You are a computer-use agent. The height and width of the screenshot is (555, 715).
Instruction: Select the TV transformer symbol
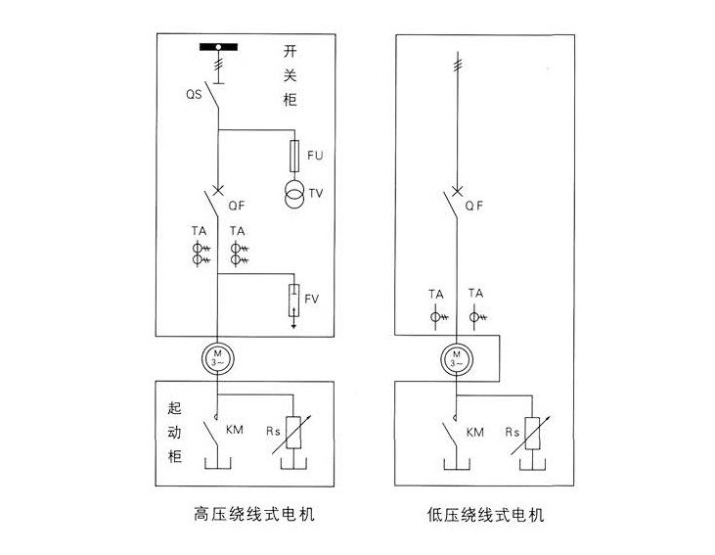click(293, 193)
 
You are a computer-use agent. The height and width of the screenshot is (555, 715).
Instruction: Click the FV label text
click(313, 298)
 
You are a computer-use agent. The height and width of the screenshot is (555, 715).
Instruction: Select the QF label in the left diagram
click(236, 206)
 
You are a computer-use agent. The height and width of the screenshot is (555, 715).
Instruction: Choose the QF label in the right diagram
click(474, 206)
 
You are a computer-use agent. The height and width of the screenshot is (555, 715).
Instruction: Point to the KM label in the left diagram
click(234, 430)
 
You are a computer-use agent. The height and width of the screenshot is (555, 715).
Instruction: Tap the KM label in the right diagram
click(475, 431)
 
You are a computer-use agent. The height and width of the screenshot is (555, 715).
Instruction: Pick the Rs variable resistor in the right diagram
click(533, 434)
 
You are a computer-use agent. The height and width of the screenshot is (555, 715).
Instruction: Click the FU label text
click(315, 154)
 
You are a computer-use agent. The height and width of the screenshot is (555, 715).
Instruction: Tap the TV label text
click(315, 193)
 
